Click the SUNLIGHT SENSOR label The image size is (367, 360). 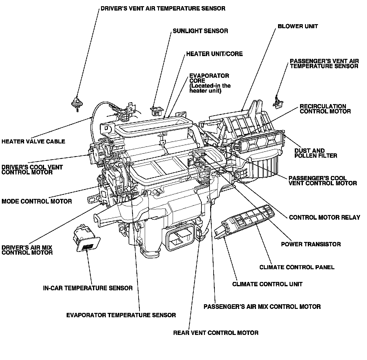point(200,31)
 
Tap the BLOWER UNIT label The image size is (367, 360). point(298,26)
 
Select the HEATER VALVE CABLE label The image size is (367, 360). point(33,142)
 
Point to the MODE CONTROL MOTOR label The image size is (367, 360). point(37,201)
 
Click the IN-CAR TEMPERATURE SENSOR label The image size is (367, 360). point(88,288)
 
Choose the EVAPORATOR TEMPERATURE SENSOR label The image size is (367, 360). point(121,315)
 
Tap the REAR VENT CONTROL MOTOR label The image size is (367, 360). point(216,333)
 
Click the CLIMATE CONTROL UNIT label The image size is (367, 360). point(267,284)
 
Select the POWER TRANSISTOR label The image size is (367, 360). point(311,244)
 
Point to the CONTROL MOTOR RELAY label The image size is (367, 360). point(325,217)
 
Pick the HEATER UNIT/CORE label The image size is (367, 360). point(214,54)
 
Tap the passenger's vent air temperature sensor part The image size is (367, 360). point(277,102)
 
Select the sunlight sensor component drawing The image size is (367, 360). point(157,110)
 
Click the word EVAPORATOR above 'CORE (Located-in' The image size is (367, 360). point(209,76)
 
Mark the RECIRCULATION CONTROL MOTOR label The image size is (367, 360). point(325,109)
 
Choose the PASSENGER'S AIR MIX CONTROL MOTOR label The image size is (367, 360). point(262,307)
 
